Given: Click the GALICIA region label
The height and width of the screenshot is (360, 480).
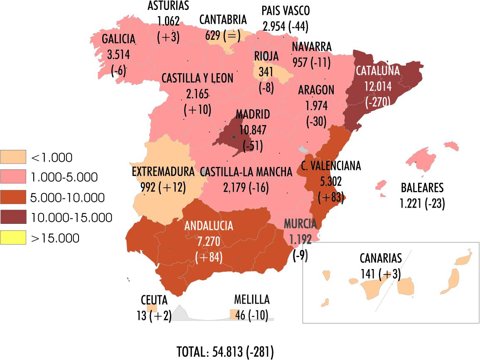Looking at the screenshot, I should point(119,39).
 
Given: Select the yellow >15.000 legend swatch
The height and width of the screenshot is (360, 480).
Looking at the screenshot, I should point(13,238).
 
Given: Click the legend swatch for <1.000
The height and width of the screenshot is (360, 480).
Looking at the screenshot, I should point(13,157).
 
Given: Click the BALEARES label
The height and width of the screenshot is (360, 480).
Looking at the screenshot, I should point(422,188).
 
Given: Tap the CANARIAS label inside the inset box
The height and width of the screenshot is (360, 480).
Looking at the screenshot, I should point(381,258).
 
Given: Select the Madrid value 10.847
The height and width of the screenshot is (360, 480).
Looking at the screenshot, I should point(252,130).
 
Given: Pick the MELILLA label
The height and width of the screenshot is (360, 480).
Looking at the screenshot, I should point(252,299).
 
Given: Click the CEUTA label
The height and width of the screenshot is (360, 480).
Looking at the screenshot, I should point(154,300).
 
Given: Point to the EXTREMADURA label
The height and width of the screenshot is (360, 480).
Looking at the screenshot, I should point(163,171).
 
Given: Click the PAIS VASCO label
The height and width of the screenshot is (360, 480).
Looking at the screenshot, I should point(286,11).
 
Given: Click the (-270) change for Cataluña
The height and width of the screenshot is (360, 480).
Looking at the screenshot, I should point(377,102).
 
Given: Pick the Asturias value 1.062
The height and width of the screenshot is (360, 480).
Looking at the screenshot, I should point(168,21).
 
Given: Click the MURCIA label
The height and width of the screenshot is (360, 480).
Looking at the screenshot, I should point(300,223).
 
